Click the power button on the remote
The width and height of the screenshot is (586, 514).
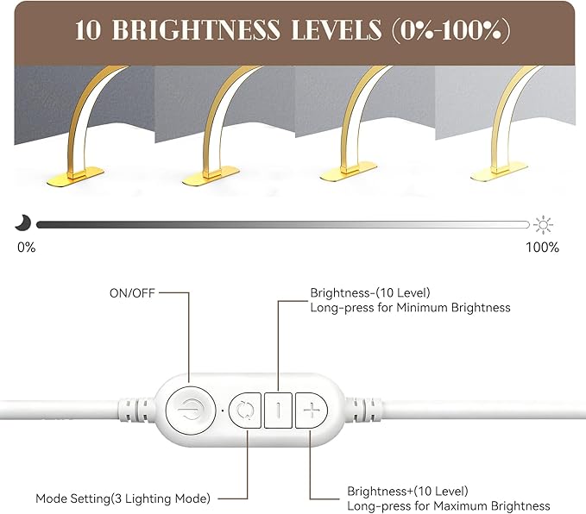tap(191, 411)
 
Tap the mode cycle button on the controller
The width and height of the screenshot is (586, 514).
tap(245, 411)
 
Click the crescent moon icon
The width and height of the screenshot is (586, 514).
tap(22, 223)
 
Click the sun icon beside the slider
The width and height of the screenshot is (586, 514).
tap(543, 225)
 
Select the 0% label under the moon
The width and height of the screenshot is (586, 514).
tap(27, 248)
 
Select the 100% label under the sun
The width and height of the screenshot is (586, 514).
tap(542, 248)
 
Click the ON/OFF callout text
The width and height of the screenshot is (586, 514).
tap(132, 293)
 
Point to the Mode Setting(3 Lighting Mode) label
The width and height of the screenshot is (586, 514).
tap(123, 498)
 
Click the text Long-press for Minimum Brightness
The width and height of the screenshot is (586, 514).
tap(410, 308)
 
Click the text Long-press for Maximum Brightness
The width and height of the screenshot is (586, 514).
tap(449, 506)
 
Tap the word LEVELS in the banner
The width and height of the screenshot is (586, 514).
tap(336, 30)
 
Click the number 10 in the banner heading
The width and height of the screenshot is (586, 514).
tap(88, 30)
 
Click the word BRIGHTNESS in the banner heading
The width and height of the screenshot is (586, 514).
tap(196, 30)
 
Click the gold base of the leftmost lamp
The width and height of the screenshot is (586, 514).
tap(75, 177)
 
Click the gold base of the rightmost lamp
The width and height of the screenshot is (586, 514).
tap(500, 172)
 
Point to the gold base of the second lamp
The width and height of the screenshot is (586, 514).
tap(211, 176)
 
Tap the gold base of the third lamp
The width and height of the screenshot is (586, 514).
tap(349, 172)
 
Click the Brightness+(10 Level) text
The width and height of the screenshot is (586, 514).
tap(407, 491)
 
